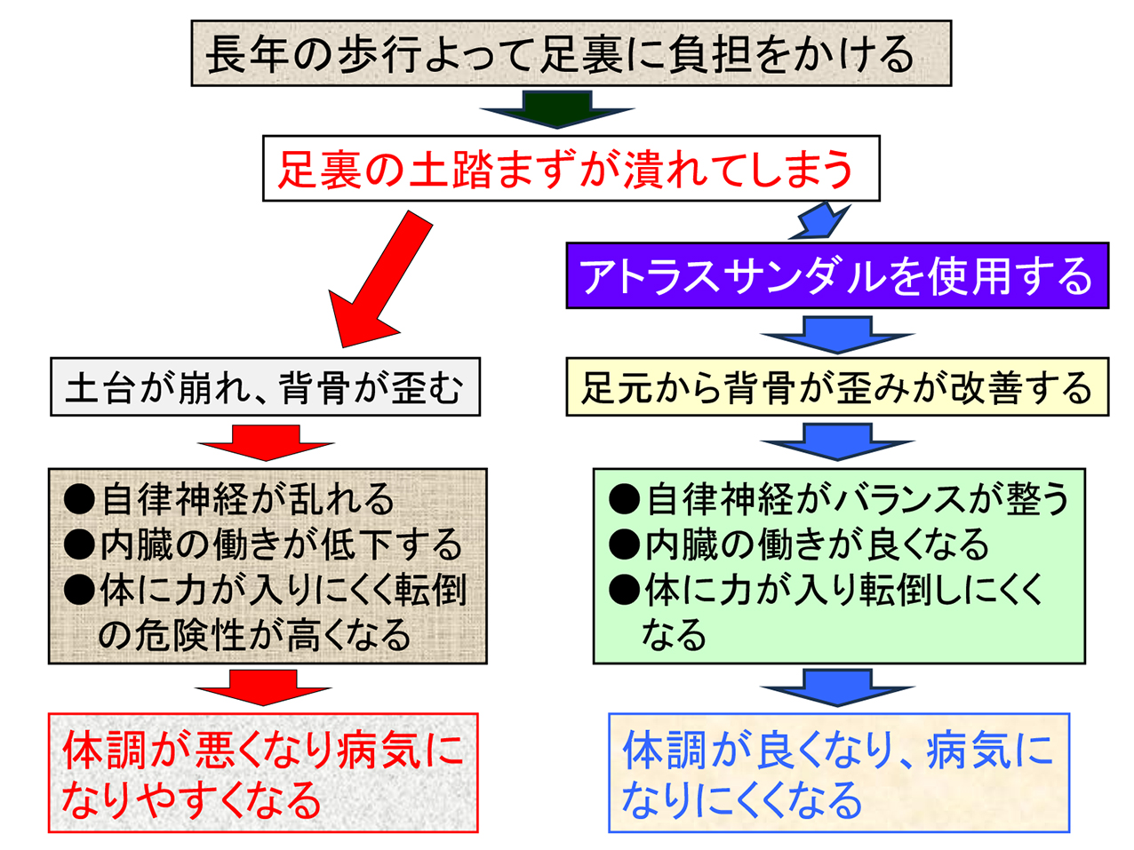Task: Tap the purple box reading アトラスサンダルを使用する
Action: (837, 276)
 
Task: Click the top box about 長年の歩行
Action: (571, 53)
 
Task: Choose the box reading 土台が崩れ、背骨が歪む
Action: (265, 387)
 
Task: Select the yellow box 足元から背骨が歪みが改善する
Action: (837, 387)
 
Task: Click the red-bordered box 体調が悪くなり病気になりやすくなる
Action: (263, 773)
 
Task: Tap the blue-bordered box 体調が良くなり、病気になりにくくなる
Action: (838, 773)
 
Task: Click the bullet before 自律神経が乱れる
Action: (79, 500)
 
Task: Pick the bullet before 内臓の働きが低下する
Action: (79, 544)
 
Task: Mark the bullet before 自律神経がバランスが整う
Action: (624, 500)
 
